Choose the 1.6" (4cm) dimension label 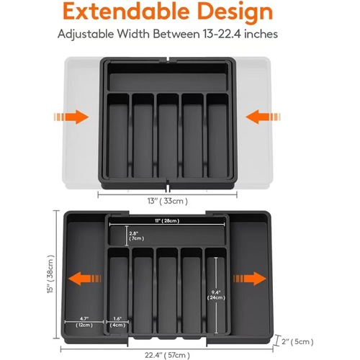coord(117,322)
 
